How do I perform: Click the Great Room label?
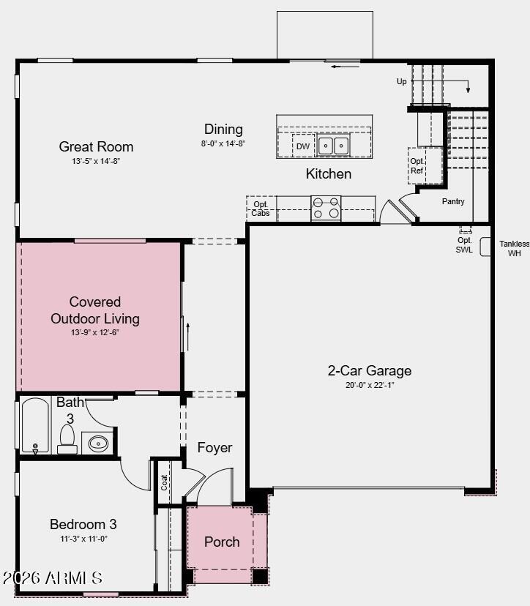pos(96,146)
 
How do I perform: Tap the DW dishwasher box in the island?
pos(302,146)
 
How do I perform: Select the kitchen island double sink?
pos(333,146)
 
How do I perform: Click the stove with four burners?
pos(326,208)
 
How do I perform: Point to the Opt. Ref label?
pos(417,165)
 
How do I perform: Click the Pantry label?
pos(453,201)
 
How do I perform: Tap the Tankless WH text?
pos(514,249)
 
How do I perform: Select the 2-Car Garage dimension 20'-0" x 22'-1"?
pos(369,386)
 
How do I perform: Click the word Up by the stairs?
pos(402,82)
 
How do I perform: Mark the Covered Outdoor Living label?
pos(95,310)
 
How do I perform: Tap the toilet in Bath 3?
pos(67,439)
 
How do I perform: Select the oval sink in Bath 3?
pos(98,443)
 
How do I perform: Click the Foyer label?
pos(214,447)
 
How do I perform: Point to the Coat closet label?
pos(165,482)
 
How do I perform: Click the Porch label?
pos(222,542)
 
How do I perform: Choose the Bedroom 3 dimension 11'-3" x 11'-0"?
pos(83,539)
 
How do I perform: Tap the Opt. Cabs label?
pos(261,209)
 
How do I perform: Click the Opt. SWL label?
pos(465,244)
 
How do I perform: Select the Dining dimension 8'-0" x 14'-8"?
pos(223,144)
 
